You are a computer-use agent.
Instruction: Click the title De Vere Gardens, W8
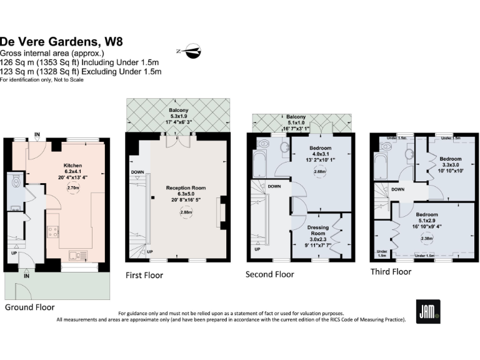pyautogui.click(x=61, y=42)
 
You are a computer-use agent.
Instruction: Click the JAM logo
pyautogui.click(x=428, y=311)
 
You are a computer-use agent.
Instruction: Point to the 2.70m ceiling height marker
pyautogui.click(x=73, y=187)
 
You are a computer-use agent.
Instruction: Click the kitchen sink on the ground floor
pyautogui.click(x=77, y=254)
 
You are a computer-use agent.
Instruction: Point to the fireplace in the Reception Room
pyautogui.click(x=220, y=212)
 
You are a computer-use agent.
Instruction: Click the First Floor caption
pyautogui.click(x=144, y=275)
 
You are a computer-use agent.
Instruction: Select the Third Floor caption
pyautogui.click(x=391, y=271)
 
